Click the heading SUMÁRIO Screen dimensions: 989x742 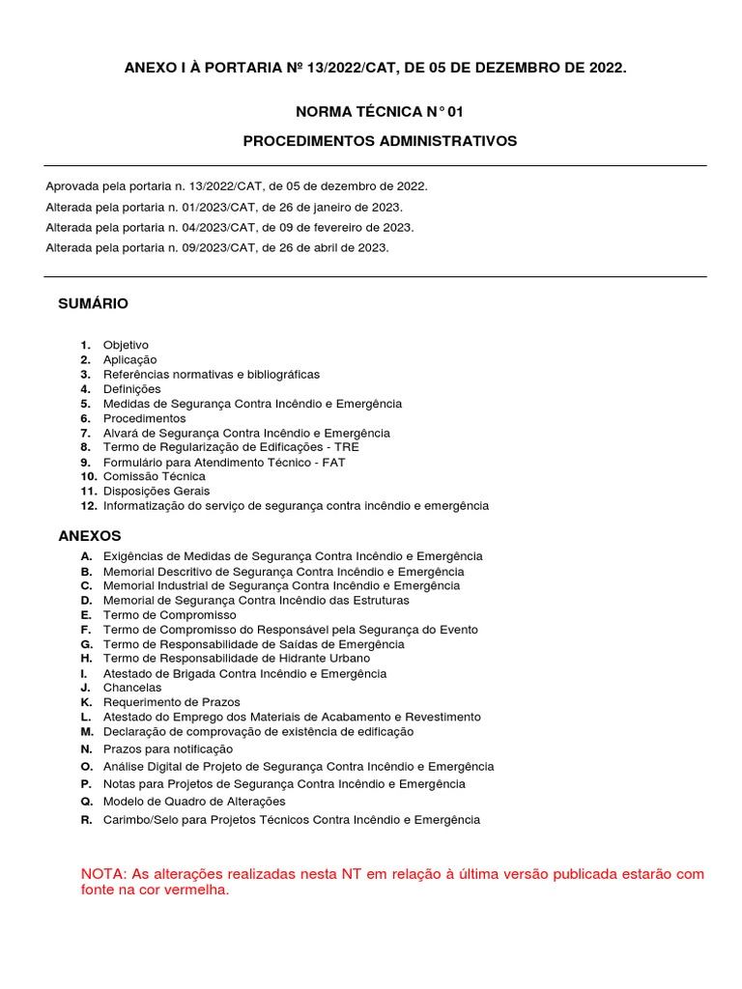coord(93,303)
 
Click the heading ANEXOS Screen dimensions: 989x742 coord(90,535)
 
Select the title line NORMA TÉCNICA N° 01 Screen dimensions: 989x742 coord(373,112)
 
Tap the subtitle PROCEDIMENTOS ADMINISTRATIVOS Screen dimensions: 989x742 coord(380,141)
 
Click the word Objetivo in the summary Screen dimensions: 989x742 coord(126,345)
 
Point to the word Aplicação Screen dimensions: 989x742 coord(129,359)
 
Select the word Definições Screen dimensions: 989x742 coord(132,389)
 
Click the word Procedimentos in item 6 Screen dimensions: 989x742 coord(144,418)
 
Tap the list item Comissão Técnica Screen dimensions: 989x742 coord(155,476)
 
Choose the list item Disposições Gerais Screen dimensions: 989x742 coord(157,491)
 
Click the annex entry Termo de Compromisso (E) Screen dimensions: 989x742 coord(170,615)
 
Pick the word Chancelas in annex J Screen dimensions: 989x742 coord(132,688)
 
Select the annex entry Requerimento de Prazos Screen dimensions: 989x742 coord(172,702)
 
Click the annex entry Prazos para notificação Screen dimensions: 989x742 coord(168,749)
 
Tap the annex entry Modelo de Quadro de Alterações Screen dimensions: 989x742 coord(194,802)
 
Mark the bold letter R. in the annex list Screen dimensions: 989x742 coord(86,820)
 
